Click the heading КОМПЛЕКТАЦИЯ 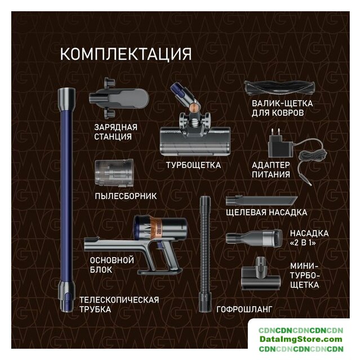[126, 54]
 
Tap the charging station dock [119, 98]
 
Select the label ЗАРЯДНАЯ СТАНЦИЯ [115, 132]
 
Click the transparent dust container [114, 173]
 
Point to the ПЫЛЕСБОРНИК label [126, 196]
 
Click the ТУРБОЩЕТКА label [193, 165]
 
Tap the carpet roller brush [280, 88]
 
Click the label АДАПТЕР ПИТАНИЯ [271, 170]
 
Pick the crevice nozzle [261, 200]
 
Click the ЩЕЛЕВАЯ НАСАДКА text [266, 212]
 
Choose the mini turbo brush [261, 274]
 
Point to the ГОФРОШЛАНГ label [244, 309]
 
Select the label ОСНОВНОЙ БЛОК [112, 265]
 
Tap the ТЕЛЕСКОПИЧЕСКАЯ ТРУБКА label [119, 305]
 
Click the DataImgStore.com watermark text [301, 339]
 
